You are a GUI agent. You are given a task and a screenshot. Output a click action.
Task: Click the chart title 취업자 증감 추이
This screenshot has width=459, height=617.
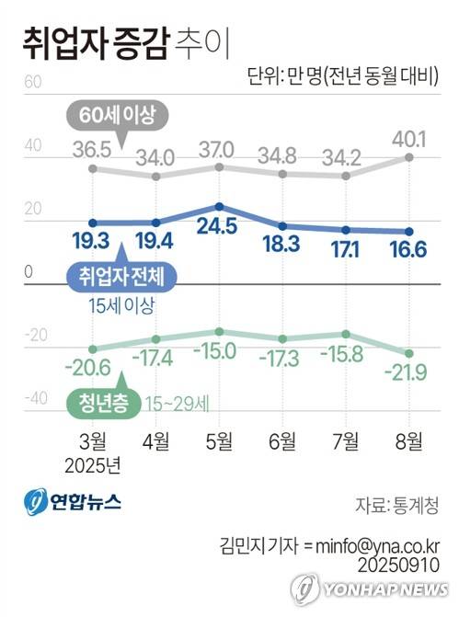121,41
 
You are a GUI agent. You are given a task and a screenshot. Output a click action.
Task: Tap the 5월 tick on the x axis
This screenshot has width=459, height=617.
219,440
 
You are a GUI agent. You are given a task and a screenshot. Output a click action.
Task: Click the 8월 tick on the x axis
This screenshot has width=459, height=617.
408,440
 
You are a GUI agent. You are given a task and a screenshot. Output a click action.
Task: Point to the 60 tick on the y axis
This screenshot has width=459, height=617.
34,82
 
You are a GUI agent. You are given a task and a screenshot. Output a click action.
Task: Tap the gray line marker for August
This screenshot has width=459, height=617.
408,158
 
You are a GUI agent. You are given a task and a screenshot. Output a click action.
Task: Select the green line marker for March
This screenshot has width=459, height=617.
92,348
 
